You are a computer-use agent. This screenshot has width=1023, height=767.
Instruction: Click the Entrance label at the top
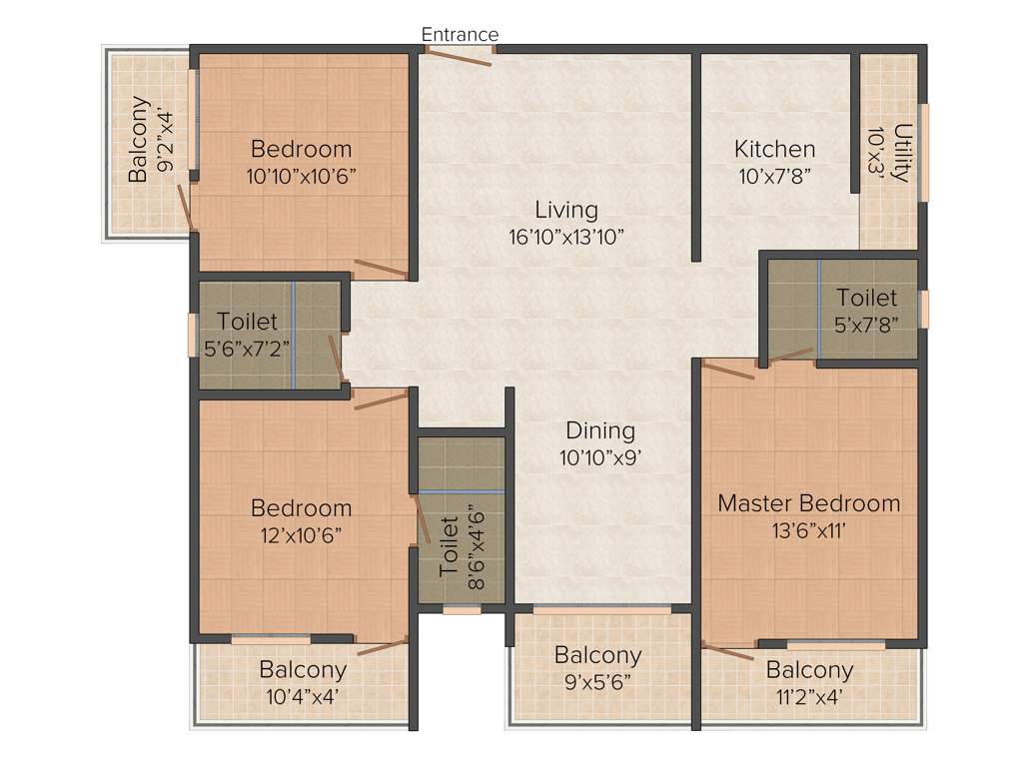pos(460,35)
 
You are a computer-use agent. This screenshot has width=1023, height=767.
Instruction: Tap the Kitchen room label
pos(774,150)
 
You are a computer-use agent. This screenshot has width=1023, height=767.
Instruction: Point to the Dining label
pos(600,430)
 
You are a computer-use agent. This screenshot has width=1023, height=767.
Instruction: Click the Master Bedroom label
pos(808,502)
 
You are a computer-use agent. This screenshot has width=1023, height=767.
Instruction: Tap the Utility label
pos(902,153)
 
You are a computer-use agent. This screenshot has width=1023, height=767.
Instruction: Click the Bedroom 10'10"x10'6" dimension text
pos(302,176)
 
